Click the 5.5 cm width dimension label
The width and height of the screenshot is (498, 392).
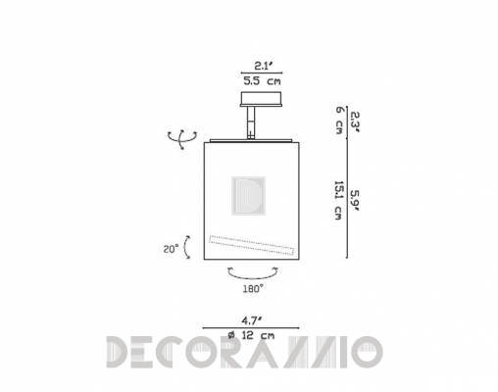point(262,81)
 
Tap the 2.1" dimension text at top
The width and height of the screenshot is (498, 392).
point(262,67)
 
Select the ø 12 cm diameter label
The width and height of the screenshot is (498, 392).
point(251,335)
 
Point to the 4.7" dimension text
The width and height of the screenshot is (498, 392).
point(251,320)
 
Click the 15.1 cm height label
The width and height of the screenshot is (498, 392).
point(338,200)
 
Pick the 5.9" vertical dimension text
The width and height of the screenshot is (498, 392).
point(355,201)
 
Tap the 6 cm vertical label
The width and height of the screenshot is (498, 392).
point(339,120)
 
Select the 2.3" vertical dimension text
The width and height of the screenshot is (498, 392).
point(355,122)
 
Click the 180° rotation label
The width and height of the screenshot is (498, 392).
point(253,289)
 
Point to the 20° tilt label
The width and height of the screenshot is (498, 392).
point(172,249)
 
